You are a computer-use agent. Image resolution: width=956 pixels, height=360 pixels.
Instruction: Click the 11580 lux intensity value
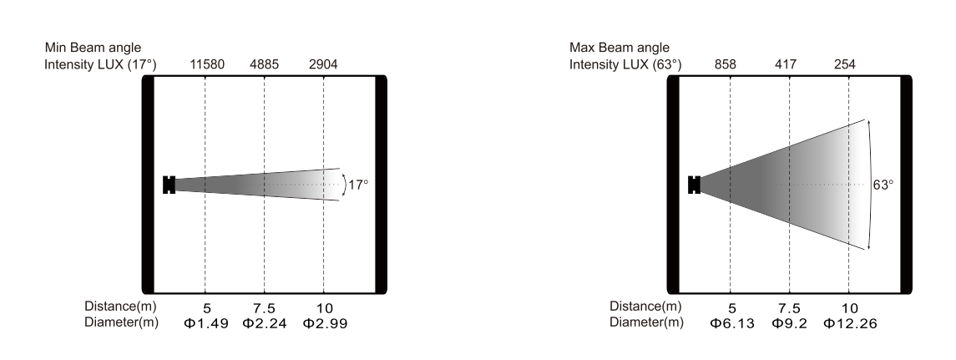[207, 64]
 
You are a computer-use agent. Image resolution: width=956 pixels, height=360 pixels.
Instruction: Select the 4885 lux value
[264, 64]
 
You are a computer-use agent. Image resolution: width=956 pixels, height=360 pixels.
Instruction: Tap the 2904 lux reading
[323, 64]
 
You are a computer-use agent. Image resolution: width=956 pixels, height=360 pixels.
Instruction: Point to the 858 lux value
[726, 64]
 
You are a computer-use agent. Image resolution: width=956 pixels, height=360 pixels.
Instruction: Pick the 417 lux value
[786, 64]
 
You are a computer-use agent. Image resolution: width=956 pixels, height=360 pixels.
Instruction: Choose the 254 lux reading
[844, 64]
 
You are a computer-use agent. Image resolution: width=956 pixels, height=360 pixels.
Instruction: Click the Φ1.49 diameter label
[206, 324]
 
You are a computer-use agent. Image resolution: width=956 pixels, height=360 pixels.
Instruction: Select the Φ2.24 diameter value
[265, 324]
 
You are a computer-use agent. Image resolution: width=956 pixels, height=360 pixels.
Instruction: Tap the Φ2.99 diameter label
[325, 324]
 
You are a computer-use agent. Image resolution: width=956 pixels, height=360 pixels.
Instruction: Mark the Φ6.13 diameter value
[732, 324]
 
